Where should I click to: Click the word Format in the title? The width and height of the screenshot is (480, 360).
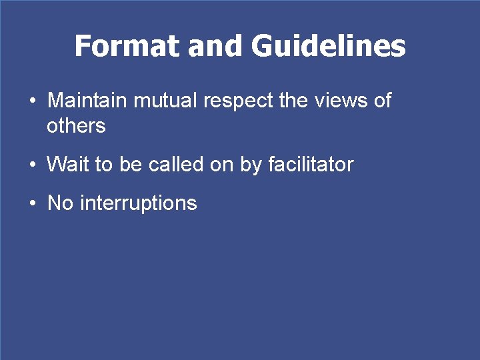127,46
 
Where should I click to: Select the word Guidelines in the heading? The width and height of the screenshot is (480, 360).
328,46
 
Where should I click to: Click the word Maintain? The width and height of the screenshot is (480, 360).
88,101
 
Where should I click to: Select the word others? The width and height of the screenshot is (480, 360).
76,125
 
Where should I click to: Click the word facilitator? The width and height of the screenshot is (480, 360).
310,165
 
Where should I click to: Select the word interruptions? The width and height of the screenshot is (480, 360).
139,203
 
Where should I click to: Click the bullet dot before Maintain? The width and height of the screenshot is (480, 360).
33,102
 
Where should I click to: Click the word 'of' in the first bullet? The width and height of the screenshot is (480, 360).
382,101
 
